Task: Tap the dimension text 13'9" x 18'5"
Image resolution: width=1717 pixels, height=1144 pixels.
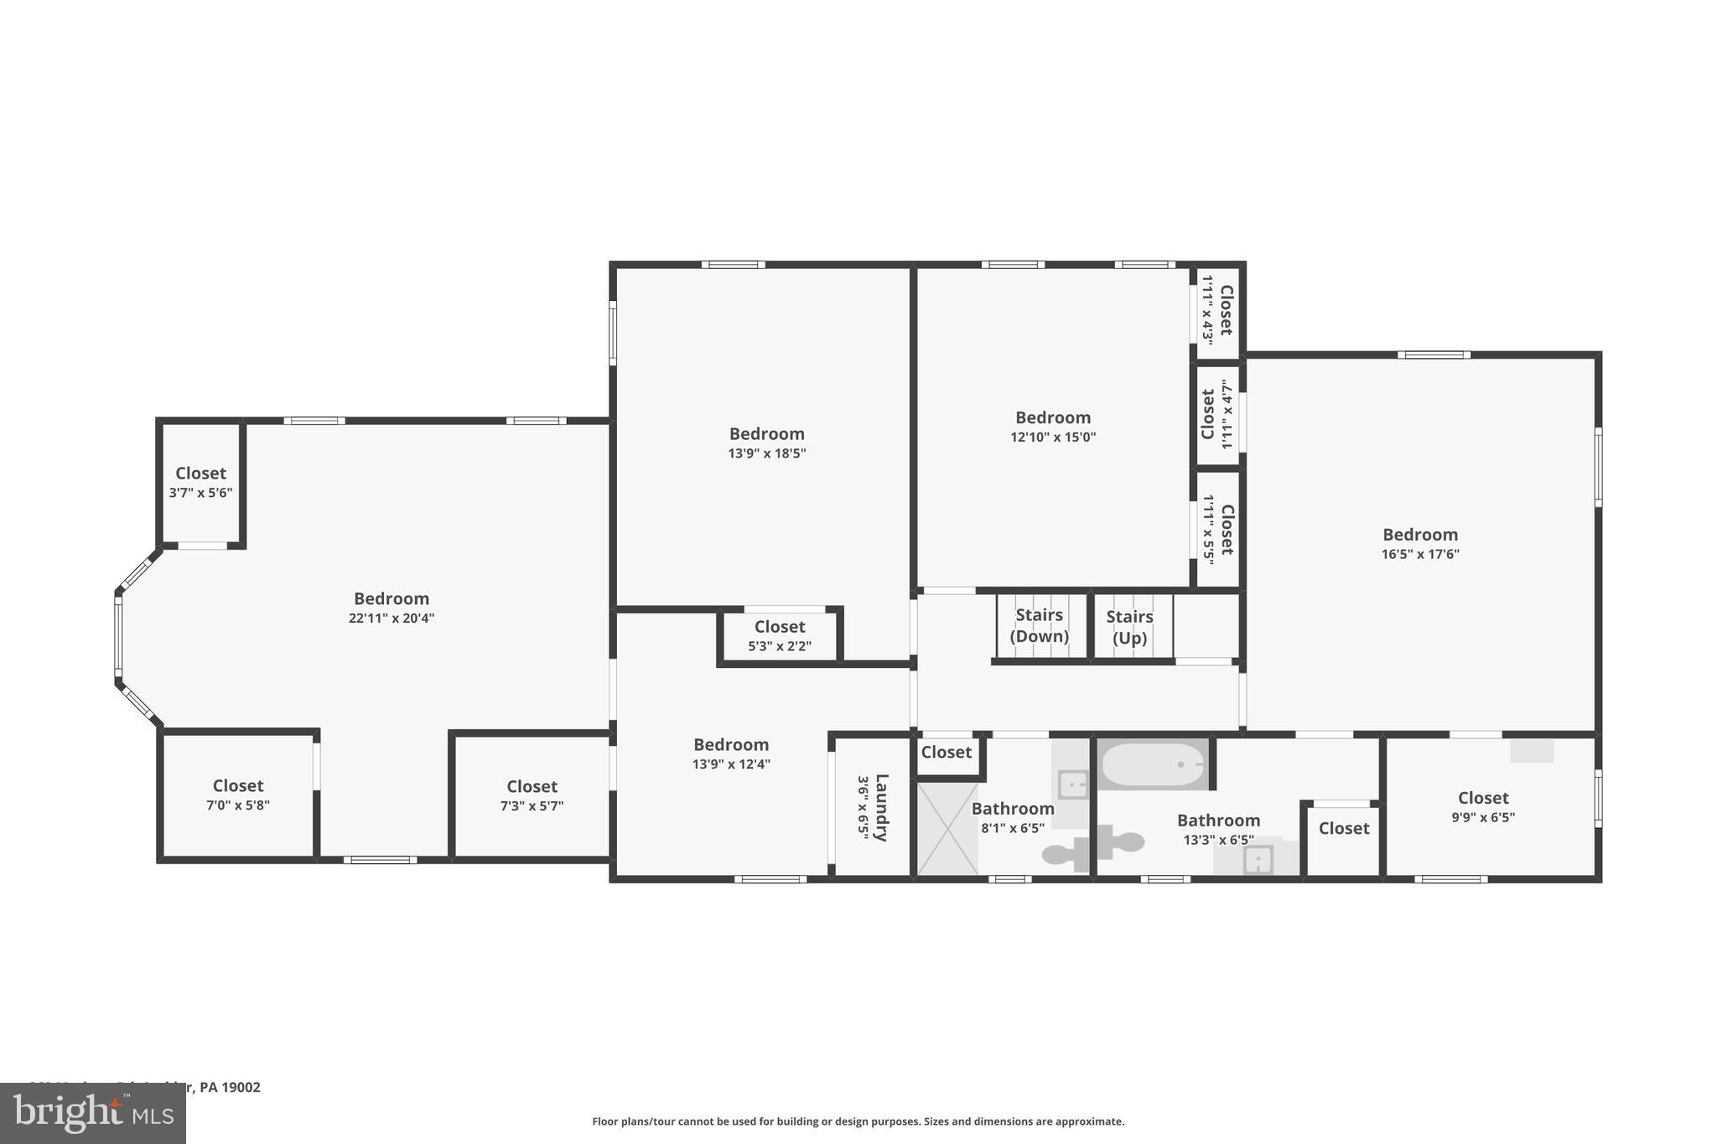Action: pos(766,453)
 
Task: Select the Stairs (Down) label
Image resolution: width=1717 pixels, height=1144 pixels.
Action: pos(1039,625)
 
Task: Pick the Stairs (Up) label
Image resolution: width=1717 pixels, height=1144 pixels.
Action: pos(1129,627)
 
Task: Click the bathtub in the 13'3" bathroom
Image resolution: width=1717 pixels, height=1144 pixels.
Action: pos(1153,764)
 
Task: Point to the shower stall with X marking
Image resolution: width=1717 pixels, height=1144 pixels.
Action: pos(947,829)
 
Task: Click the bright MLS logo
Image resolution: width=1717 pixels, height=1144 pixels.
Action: pos(93,1113)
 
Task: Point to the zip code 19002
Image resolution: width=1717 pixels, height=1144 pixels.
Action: pos(242,1087)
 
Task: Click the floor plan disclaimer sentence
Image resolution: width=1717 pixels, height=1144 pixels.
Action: pos(858,1121)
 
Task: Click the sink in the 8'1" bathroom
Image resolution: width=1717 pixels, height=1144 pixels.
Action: pos(1072,784)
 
